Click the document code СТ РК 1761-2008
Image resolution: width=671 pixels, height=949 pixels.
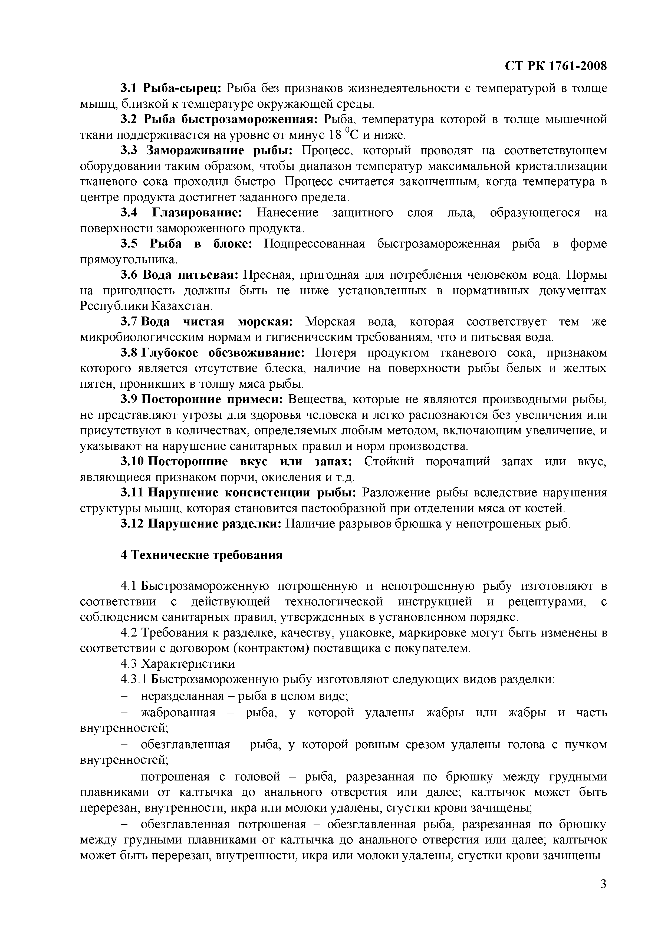556,66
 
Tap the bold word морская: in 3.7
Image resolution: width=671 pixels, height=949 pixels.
265,322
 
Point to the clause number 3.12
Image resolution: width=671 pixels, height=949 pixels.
132,524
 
